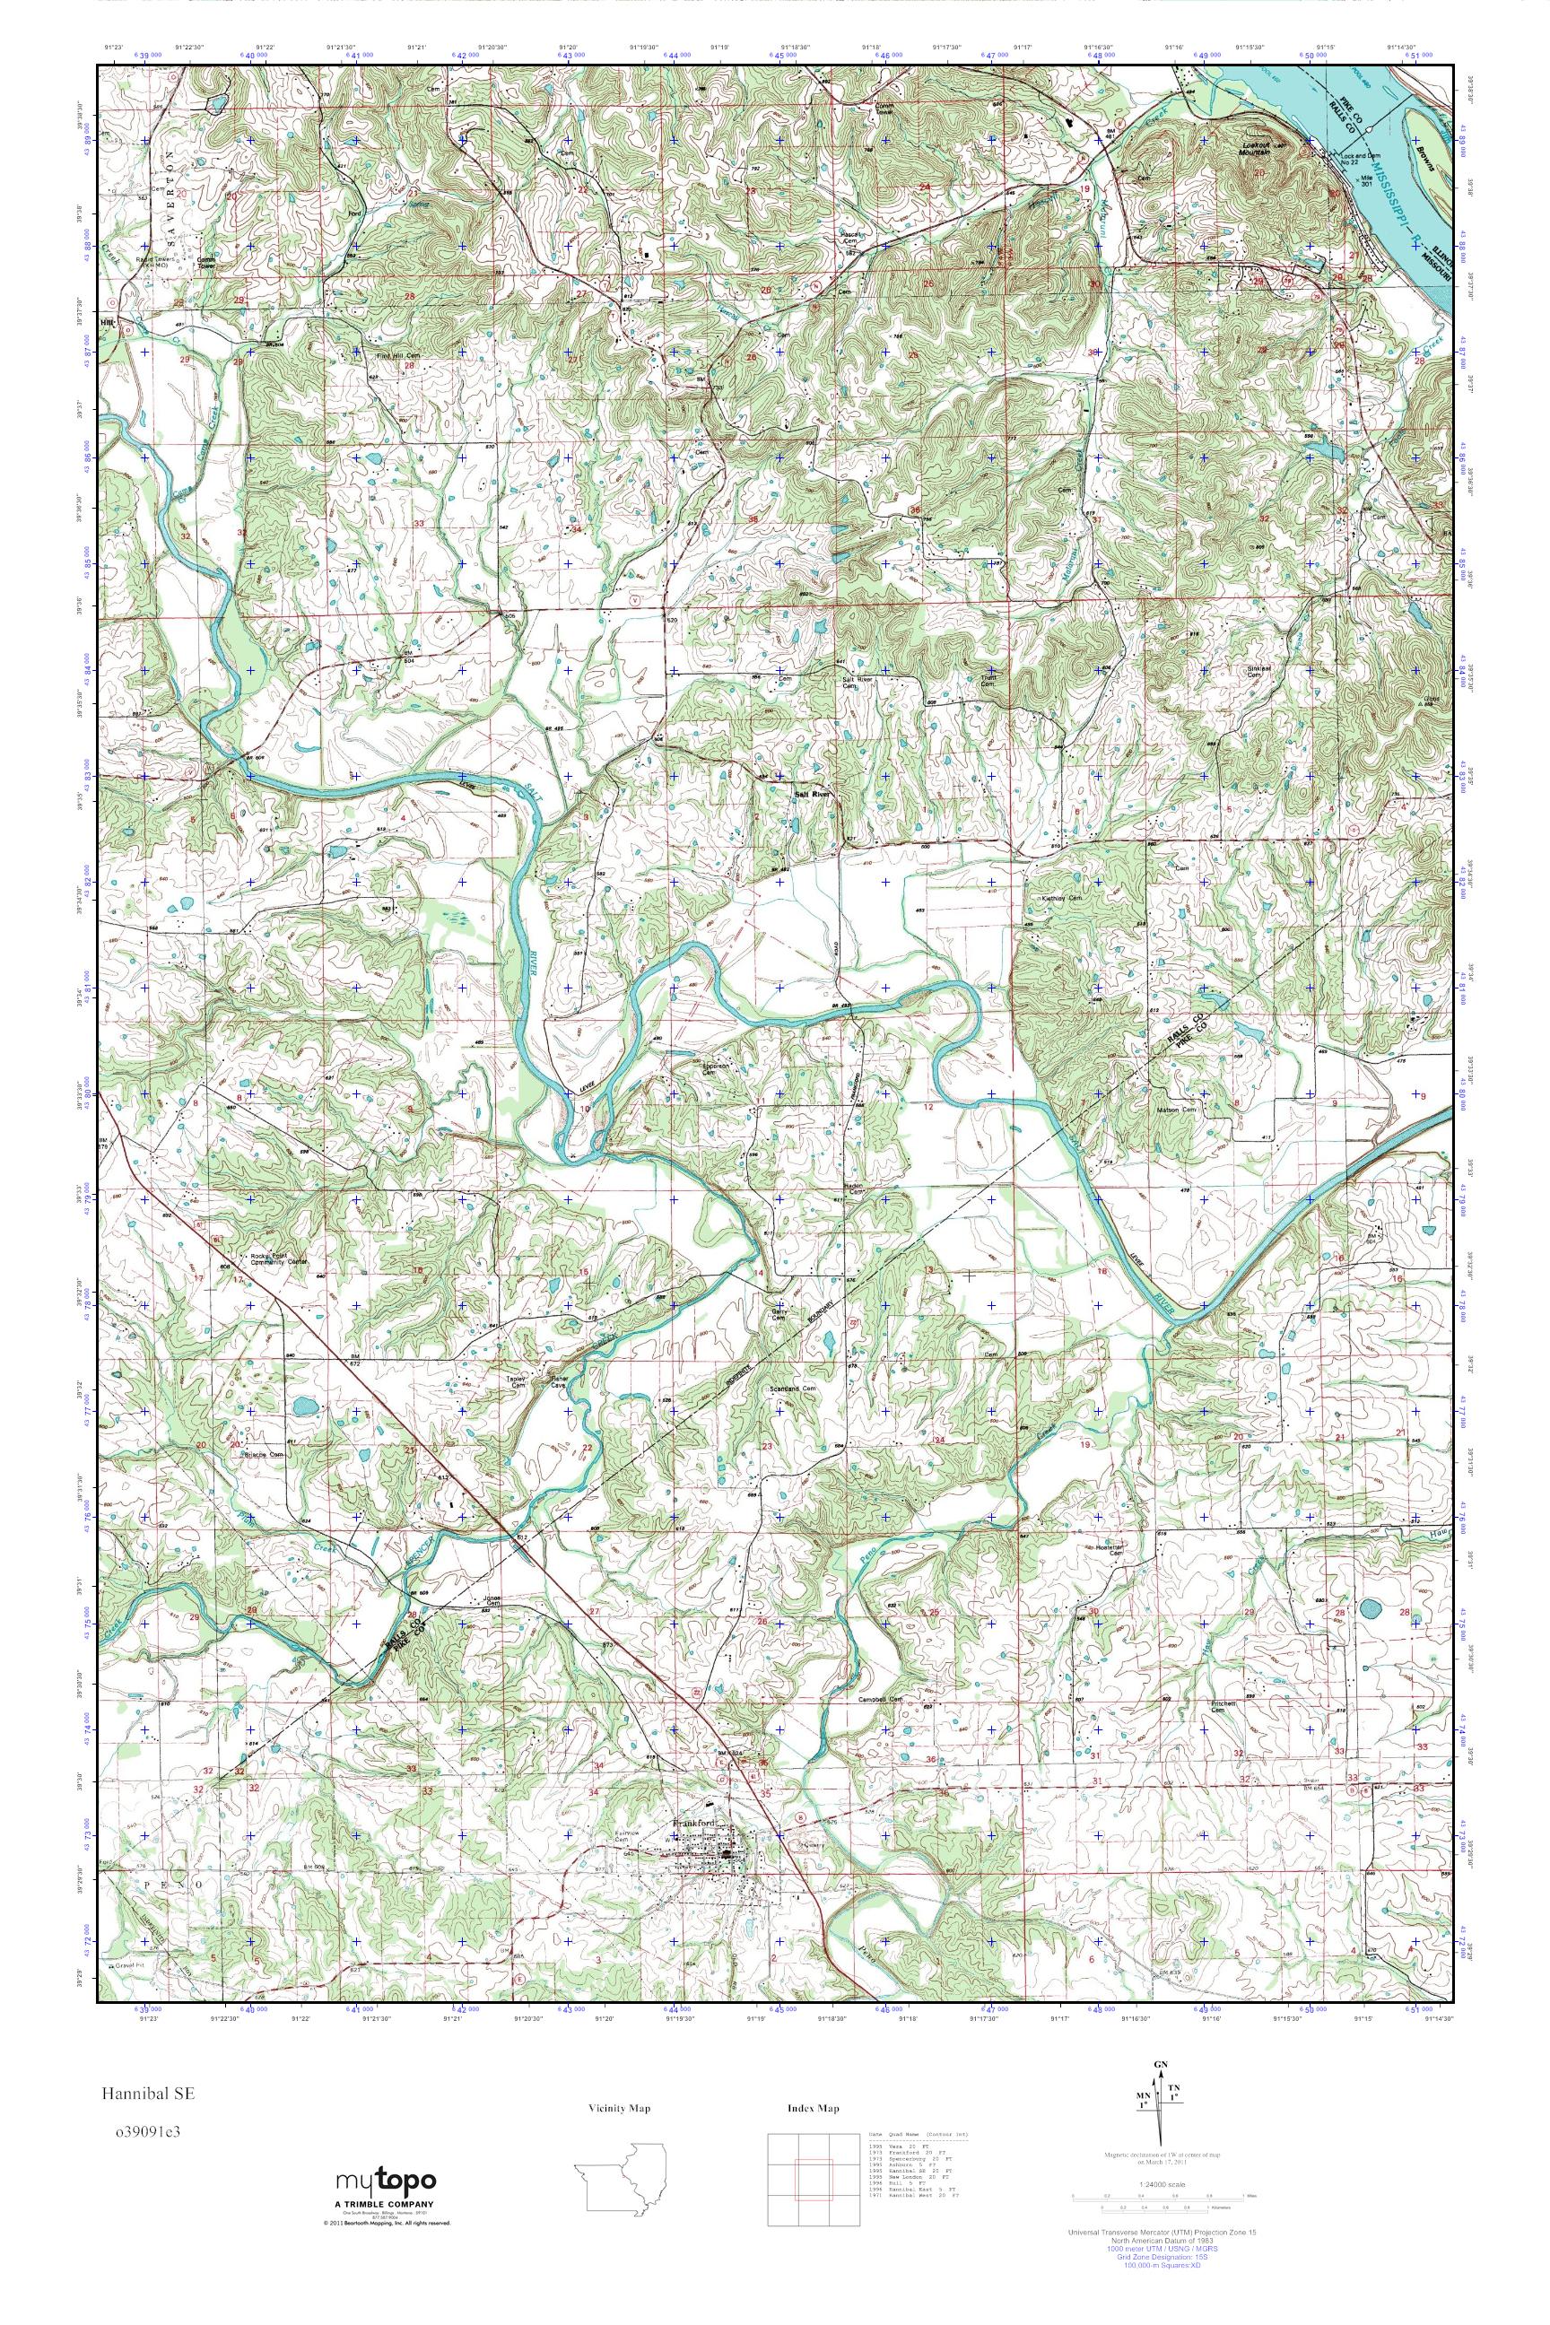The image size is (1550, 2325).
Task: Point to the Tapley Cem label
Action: (517, 1385)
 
